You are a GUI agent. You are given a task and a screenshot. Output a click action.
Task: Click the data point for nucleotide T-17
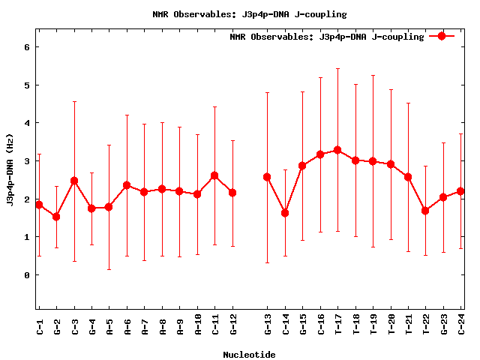point(337,150)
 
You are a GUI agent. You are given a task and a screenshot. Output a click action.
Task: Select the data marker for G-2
point(56,217)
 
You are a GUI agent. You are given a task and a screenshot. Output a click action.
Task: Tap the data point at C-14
point(285,213)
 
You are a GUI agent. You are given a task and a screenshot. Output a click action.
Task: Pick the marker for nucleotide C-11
point(214,175)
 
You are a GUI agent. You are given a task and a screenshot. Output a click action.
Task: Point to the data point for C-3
point(74,181)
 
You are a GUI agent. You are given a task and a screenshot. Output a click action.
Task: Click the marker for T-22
point(425,211)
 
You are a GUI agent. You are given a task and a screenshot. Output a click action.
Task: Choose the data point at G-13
point(267,177)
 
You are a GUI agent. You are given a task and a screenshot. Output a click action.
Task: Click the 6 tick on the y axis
point(26,46)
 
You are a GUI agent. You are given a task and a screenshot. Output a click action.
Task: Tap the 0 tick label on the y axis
point(26,275)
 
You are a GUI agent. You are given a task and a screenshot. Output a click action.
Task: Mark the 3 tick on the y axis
point(26,161)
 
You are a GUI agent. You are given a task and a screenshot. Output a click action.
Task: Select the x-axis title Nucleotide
point(249,355)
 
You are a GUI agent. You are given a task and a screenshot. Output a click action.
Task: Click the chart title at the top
point(249,14)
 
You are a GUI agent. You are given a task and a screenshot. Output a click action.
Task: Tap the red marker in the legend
point(442,36)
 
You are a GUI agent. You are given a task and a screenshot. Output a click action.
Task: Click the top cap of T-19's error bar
point(373,75)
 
